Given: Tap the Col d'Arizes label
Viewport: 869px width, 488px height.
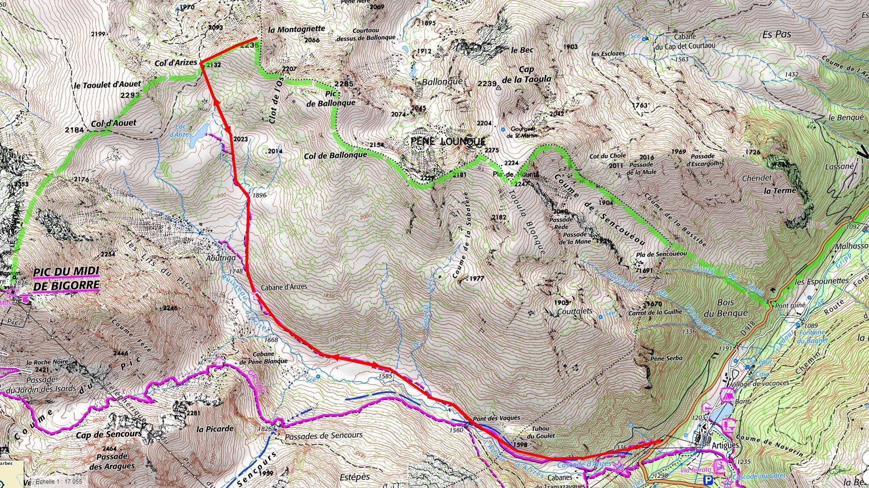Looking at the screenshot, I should click(x=176, y=63).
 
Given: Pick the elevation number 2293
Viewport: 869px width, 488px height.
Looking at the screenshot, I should click(x=130, y=95).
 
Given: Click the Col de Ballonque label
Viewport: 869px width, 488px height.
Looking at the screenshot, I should click(x=336, y=155).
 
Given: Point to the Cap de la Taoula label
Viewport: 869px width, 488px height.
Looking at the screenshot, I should click(x=528, y=74).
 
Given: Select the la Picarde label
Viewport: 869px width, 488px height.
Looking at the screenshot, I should click(x=215, y=428).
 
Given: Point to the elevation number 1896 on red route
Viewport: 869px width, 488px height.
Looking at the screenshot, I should click(x=259, y=195).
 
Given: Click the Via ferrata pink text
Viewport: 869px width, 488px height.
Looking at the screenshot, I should click(x=696, y=469).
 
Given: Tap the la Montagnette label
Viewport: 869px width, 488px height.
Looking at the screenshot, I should click(x=296, y=29).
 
